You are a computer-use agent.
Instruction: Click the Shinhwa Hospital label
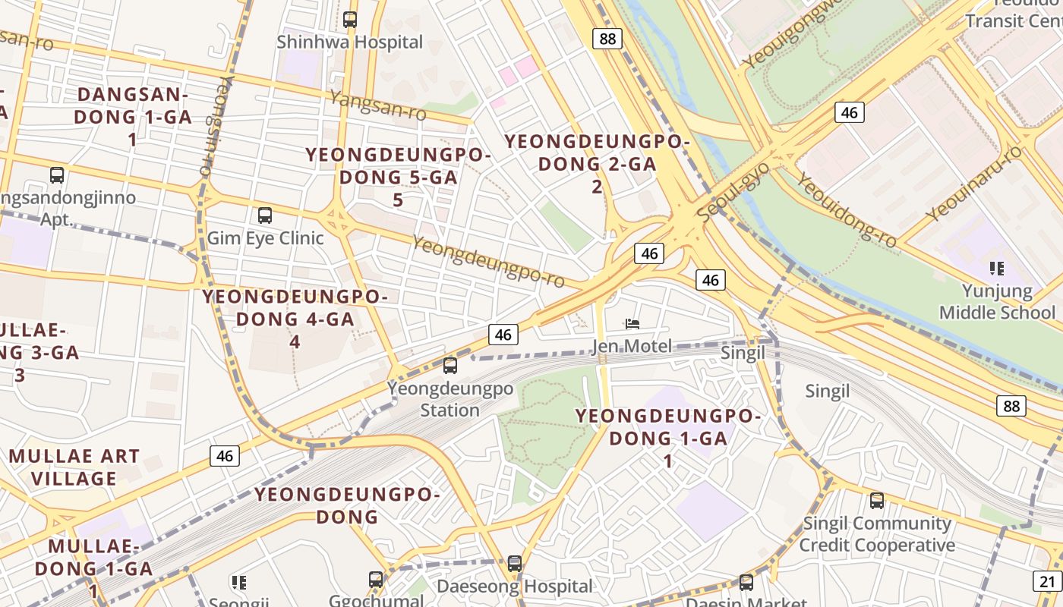click(349, 42)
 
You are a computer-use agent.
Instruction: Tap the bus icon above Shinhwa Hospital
click(349, 20)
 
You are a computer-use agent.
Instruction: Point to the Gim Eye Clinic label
click(265, 238)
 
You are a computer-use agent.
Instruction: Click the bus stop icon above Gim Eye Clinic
click(264, 215)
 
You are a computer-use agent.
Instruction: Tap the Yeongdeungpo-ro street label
click(488, 262)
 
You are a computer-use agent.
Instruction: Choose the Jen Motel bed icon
click(632, 324)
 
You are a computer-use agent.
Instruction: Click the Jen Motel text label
click(632, 347)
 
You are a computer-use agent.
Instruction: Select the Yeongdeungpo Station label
click(450, 399)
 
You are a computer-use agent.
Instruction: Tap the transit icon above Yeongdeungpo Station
click(450, 366)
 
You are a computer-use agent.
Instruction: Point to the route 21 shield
click(1048, 582)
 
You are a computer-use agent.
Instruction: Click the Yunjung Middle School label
click(997, 302)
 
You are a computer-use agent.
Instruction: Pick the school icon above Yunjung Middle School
click(997, 268)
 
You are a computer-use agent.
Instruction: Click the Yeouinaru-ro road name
click(974, 184)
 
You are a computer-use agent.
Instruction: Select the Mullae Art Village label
click(74, 467)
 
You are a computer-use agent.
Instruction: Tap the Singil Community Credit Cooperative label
click(877, 534)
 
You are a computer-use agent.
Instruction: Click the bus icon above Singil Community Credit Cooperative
click(877, 501)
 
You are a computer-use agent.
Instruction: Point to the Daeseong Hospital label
click(514, 587)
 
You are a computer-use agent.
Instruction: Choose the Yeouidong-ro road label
click(847, 209)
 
